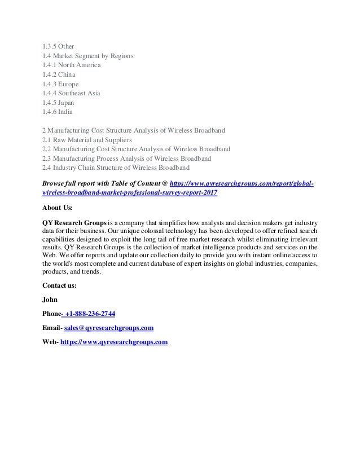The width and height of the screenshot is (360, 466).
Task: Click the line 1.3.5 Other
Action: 58,46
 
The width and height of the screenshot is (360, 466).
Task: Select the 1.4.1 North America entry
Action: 72,65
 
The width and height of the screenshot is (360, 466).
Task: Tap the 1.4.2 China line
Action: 59,74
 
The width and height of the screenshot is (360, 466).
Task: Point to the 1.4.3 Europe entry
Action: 60,84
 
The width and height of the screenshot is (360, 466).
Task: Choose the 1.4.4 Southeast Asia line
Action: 71,93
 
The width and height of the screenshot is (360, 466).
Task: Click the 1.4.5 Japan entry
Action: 58,103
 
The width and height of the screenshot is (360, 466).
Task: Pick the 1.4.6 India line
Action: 58,112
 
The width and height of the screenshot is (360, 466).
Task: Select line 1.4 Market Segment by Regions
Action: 87,55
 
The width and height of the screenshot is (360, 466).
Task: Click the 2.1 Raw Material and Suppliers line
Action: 87,139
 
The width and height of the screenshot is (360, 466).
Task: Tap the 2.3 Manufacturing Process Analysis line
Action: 126,159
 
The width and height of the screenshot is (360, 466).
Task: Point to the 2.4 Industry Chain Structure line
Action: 116,168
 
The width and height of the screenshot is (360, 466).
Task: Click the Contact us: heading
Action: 59,285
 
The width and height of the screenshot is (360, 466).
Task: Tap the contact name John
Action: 50,300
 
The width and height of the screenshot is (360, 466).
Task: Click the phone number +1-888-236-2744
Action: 90,314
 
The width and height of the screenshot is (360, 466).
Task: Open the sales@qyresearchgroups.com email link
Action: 109,328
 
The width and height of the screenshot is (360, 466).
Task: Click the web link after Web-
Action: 114,342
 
